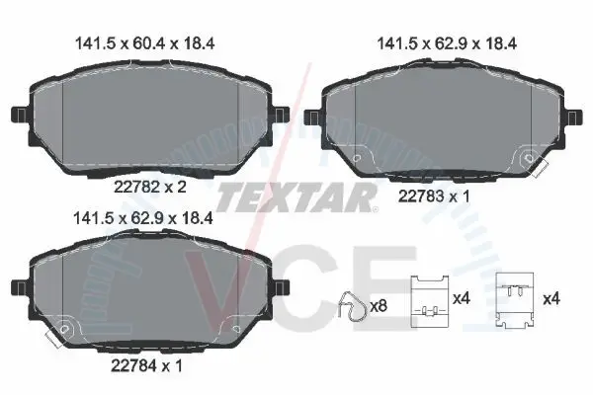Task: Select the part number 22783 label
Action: click(x=421, y=197)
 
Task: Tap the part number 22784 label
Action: click(x=133, y=365)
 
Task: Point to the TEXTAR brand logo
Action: click(x=295, y=197)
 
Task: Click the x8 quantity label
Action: click(x=379, y=306)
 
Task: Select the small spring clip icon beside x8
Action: click(x=353, y=306)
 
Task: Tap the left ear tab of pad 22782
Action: click(x=20, y=115)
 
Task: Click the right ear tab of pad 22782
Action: click(x=281, y=115)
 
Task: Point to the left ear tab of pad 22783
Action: click(x=312, y=118)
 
